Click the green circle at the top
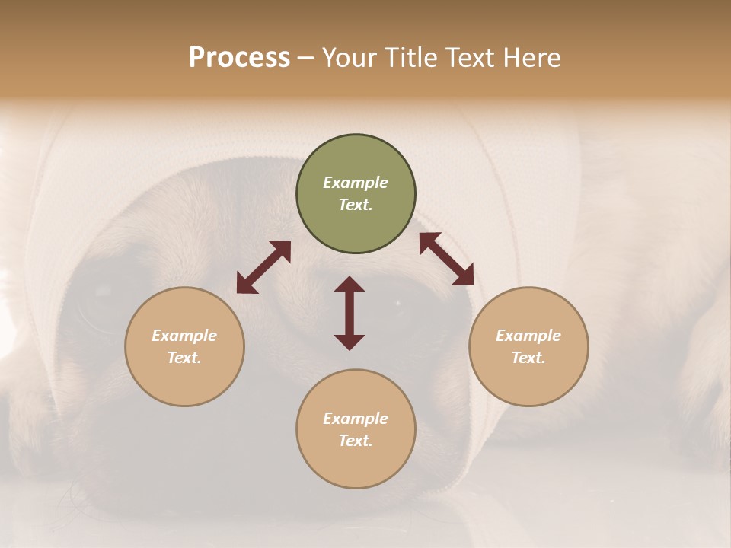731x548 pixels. pyautogui.click(x=356, y=194)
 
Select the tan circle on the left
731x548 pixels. pyautogui.click(x=184, y=346)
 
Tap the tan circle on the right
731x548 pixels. pyautogui.click(x=528, y=346)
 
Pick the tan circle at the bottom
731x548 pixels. pyautogui.click(x=356, y=429)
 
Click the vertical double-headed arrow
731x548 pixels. pyautogui.click(x=350, y=313)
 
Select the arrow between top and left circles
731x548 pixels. pyautogui.click(x=263, y=267)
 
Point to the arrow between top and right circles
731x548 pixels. pyautogui.click(x=446, y=259)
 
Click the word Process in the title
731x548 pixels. pyautogui.click(x=239, y=57)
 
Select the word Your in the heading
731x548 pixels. pyautogui.click(x=348, y=57)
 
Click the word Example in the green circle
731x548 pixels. pyautogui.click(x=356, y=183)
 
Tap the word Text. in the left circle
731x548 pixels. pyautogui.click(x=184, y=358)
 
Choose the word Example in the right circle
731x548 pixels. pyautogui.click(x=528, y=335)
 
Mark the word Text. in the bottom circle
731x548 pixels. pyautogui.click(x=356, y=441)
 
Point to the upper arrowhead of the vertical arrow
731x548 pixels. pyautogui.click(x=350, y=284)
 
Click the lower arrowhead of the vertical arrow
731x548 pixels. pyautogui.click(x=350, y=342)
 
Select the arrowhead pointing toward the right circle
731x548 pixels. pyautogui.click(x=463, y=276)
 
